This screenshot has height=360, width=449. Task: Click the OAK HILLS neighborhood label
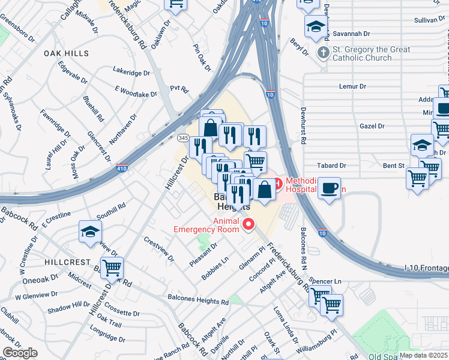(66, 53)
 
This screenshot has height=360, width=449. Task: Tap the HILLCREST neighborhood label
(67, 262)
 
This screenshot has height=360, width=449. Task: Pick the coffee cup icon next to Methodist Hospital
(329, 187)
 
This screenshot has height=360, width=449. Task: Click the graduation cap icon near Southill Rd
(90, 231)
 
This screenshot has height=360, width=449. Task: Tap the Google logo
(20, 352)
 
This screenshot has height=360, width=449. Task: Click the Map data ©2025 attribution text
(424, 355)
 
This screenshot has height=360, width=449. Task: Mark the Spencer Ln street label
(327, 281)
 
